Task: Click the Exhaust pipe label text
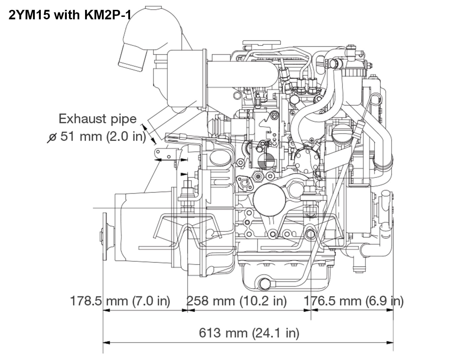point(97,119)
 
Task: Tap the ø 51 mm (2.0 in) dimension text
point(97,136)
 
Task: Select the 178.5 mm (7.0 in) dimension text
point(120,301)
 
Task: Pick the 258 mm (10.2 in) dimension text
point(236,301)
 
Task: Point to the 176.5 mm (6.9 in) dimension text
point(353,301)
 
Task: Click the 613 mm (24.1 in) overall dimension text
point(249,333)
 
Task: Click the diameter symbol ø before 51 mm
point(52,137)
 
